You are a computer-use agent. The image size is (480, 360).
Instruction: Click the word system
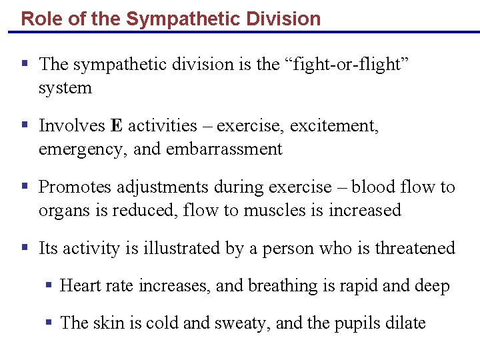(x=65, y=88)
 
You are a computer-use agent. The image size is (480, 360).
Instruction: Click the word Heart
(x=78, y=286)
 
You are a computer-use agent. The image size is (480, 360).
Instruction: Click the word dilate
(x=405, y=323)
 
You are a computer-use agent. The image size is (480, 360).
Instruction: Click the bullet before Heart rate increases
(x=49, y=285)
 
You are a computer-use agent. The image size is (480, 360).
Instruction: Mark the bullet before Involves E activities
(x=25, y=125)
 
